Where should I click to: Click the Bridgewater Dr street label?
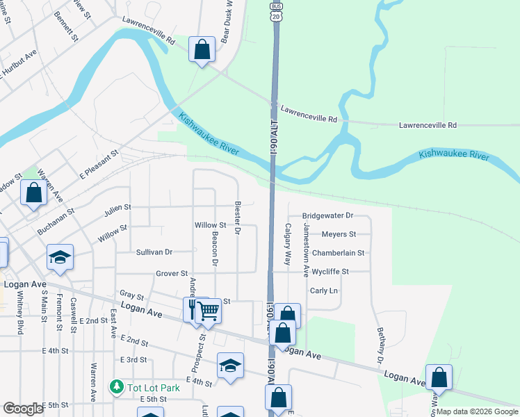[328, 216]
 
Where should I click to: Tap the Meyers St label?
[339, 235]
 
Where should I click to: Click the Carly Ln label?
[323, 291]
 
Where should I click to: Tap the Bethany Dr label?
[380, 345]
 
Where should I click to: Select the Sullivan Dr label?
[154, 252]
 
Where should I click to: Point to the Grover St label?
[172, 274]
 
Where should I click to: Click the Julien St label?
[118, 207]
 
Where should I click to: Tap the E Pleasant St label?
[100, 162]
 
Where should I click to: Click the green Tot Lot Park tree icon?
[117, 386]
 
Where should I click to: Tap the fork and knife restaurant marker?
[193, 309]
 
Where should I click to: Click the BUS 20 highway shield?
[276, 13]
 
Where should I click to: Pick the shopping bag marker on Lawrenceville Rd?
[202, 50]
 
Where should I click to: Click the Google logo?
[23, 409]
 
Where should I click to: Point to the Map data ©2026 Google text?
[476, 411]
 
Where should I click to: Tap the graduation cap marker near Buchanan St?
[60, 257]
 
